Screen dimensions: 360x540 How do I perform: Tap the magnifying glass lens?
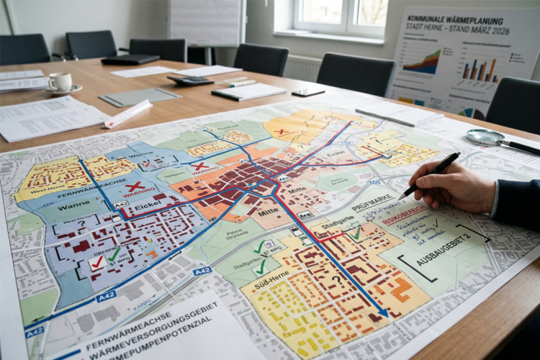click(x=486, y=137)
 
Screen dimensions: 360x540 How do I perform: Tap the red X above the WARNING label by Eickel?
click(x=135, y=186)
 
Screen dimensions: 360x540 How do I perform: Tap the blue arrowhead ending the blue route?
click(x=384, y=312)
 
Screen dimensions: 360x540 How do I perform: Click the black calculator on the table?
click(x=190, y=81)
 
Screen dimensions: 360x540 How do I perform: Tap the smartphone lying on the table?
click(x=308, y=92)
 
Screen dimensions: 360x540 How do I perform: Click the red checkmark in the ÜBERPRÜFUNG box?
click(x=96, y=264)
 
